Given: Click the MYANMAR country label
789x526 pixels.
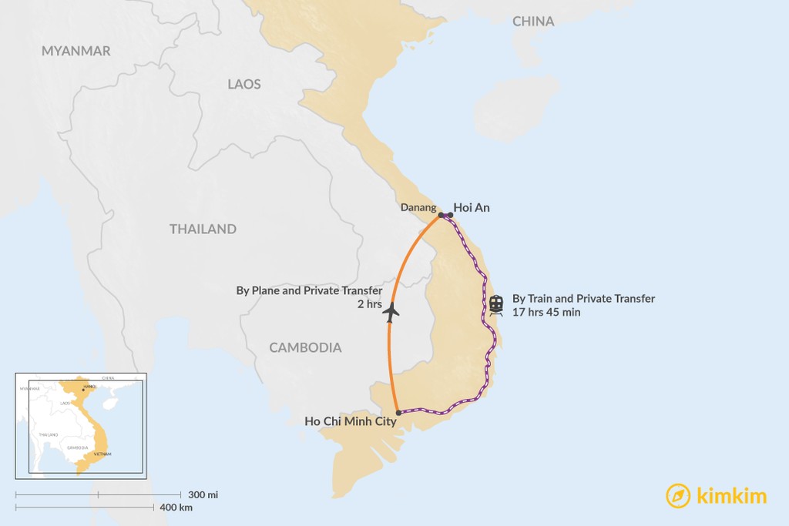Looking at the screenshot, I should point(76,51).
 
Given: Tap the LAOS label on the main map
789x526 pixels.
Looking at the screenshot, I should point(243,84).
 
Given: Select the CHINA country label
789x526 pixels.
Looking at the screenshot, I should point(533,22).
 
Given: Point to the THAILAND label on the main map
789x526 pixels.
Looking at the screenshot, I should point(203,229).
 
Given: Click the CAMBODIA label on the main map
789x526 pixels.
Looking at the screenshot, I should point(305,347).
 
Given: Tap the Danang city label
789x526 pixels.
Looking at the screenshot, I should point(418,208).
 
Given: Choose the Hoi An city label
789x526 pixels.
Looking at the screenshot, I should point(472,207).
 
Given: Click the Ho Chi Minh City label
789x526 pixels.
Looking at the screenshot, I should point(351,421).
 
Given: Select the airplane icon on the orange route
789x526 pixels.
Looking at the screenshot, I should point(391,312).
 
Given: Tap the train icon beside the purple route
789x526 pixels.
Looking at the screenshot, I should point(495,305).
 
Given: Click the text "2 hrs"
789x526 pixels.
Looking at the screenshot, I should point(369,304).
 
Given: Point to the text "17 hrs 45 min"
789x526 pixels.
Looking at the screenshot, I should point(546,312).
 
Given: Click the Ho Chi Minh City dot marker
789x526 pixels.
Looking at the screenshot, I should point(398,413).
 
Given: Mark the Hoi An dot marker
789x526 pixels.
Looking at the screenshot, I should point(451,215).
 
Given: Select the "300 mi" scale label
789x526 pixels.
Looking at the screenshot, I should point(203,494).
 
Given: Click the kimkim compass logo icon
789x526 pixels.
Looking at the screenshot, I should point(677,495).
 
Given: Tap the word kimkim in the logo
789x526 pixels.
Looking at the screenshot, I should point(730,495).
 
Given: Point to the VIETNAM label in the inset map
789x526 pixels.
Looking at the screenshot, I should point(102,454).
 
